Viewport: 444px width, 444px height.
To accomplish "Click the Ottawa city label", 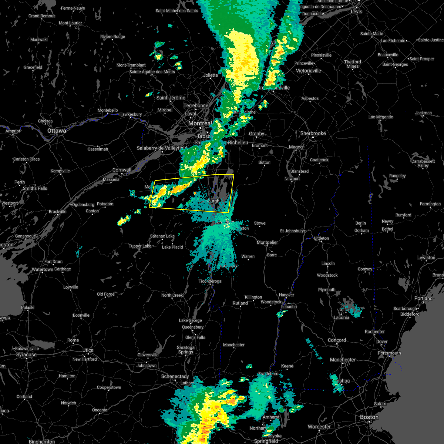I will tap(57, 131).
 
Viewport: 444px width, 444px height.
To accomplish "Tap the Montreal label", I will tap(200, 123).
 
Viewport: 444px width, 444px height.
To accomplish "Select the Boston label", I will tap(369, 417).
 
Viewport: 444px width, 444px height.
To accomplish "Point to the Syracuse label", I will tap(26, 354).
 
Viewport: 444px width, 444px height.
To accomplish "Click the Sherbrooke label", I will tap(313, 133).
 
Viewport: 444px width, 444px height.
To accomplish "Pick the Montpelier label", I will tap(267, 242).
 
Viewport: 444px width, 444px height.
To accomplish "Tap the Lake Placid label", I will tap(172, 247).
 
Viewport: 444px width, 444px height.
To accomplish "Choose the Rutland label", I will tap(240, 303).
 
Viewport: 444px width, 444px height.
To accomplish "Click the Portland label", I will tap(424, 298).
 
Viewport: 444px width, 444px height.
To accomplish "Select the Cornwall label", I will tap(122, 170).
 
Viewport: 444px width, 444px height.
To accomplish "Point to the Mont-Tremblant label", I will tap(131, 65).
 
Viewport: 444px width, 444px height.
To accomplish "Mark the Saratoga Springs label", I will tap(186, 350).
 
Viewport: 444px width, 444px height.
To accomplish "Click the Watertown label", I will tap(42, 270).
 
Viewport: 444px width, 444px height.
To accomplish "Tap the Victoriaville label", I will tap(309, 71).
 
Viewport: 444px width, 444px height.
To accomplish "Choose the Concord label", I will tap(337, 340).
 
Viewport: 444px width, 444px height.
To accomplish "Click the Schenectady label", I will tap(175, 376).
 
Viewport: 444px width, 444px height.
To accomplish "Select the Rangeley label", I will tap(397, 176).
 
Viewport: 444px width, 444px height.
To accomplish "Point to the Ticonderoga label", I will tap(210, 281).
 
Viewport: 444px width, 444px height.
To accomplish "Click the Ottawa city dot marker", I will tap(57, 135).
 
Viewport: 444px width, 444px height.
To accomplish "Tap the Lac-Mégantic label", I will tap(381, 117).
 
